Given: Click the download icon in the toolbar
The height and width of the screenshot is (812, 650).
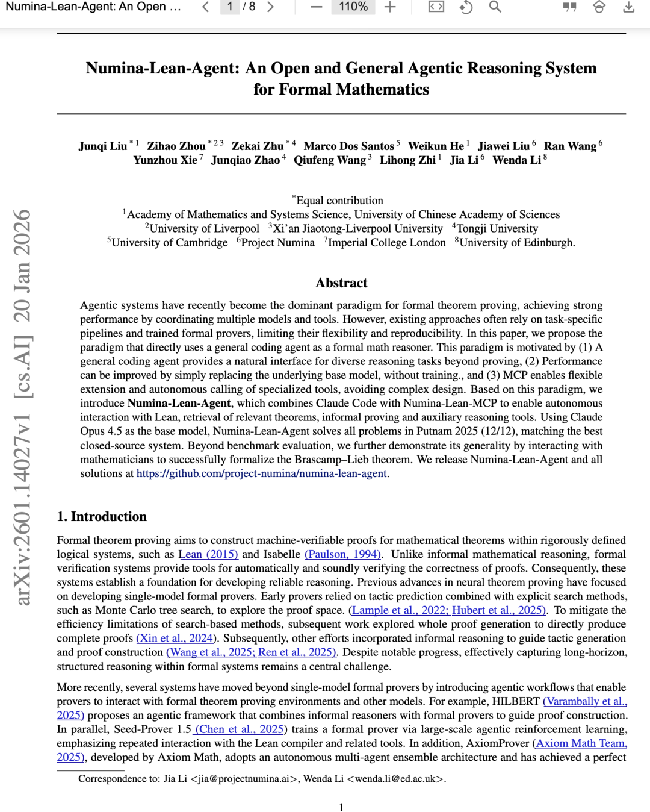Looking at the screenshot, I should click(628, 7).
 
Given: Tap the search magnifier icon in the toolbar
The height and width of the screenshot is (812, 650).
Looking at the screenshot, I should click(495, 7).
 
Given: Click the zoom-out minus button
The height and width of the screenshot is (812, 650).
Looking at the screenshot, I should click(317, 7).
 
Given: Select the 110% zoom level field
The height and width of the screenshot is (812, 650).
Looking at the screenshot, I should click(353, 7).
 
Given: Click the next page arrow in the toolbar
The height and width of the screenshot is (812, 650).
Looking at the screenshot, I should click(271, 7).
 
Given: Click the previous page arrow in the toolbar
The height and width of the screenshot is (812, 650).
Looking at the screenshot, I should click(206, 7).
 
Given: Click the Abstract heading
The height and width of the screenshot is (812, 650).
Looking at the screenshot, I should click(341, 283).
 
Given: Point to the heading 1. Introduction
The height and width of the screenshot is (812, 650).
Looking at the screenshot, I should click(102, 517).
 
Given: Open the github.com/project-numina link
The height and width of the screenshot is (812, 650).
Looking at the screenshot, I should click(261, 473).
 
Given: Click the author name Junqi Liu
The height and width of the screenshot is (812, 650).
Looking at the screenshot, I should click(103, 146).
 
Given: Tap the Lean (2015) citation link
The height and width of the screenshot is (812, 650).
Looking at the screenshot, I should click(208, 554).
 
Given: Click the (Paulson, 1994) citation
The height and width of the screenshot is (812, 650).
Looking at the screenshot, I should click(343, 554).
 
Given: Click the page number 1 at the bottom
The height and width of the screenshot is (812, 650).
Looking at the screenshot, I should click(341, 807).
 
